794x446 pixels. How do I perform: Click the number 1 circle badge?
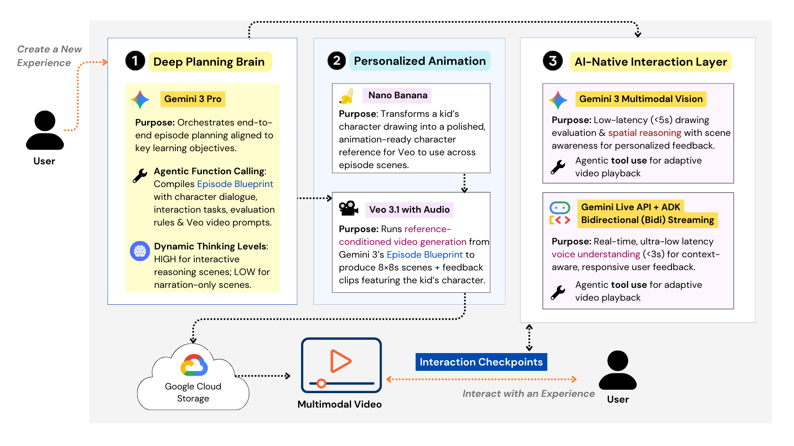(x=135, y=61)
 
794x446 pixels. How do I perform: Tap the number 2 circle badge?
(x=337, y=61)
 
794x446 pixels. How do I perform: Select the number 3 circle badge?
(x=553, y=61)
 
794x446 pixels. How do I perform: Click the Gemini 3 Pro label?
(x=193, y=99)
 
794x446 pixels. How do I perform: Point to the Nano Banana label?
(x=397, y=95)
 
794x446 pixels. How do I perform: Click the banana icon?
(x=347, y=96)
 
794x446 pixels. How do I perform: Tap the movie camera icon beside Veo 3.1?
(x=348, y=209)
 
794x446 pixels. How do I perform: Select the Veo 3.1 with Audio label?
(x=409, y=210)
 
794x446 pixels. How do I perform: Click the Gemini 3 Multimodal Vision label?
(x=641, y=99)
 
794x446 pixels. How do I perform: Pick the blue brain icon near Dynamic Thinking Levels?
(x=140, y=251)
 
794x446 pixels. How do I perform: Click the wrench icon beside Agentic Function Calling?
(x=140, y=176)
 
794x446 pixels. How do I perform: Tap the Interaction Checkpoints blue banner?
(x=481, y=362)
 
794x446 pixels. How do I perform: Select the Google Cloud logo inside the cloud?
(x=194, y=365)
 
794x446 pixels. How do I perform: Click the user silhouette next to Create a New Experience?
(x=45, y=130)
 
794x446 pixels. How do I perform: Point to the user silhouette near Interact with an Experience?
(x=617, y=370)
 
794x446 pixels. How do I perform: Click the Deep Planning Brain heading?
(x=209, y=62)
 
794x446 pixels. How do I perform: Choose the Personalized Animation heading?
(x=420, y=61)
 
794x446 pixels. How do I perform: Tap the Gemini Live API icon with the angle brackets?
(x=560, y=213)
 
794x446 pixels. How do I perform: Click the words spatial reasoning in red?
(x=644, y=133)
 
